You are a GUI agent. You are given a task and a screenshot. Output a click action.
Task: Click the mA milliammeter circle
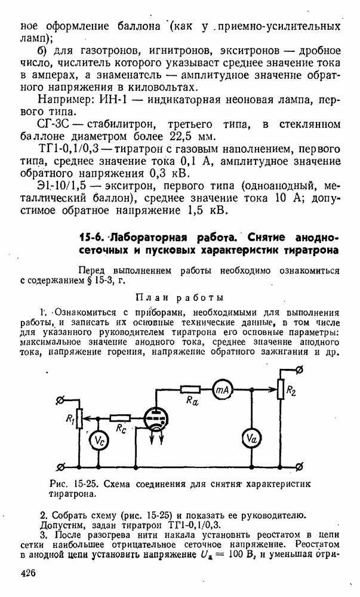(223, 390)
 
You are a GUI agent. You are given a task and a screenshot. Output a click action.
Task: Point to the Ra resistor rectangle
(191, 390)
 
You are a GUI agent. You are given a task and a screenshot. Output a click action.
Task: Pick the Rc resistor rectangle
(121, 418)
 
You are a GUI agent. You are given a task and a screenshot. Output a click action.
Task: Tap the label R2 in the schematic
(291, 391)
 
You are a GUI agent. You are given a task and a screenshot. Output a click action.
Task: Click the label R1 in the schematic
(69, 418)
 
